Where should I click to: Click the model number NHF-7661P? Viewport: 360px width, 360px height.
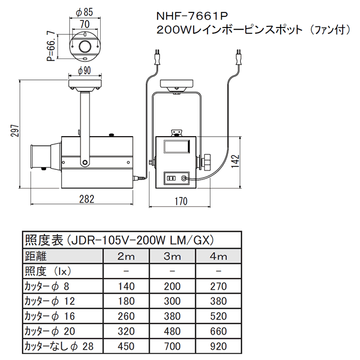[x=192, y=16]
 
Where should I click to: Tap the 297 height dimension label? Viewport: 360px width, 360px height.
[x=15, y=130]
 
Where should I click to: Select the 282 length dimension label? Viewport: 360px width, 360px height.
[x=87, y=199]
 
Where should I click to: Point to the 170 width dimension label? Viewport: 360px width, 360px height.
[x=181, y=201]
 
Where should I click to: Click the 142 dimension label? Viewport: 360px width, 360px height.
[x=235, y=161]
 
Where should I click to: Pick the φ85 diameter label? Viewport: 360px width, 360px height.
[x=84, y=12]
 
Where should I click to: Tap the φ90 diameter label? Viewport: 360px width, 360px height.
[x=84, y=70]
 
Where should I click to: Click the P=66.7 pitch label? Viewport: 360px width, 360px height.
[x=51, y=46]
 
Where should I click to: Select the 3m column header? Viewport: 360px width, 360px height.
[x=172, y=256]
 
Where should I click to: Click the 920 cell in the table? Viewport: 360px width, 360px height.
[x=218, y=346]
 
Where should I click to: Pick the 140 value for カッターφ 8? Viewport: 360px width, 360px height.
[x=126, y=286]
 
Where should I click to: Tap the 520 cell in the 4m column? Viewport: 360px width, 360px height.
[x=218, y=316]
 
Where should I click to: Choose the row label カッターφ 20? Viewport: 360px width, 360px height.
[x=50, y=331]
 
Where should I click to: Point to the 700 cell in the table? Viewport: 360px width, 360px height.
[x=172, y=346]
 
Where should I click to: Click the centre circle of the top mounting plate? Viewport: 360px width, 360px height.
[x=85, y=46]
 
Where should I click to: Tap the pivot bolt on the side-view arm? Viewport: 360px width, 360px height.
[x=85, y=163]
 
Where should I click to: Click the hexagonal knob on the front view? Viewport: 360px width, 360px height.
[x=206, y=161]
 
